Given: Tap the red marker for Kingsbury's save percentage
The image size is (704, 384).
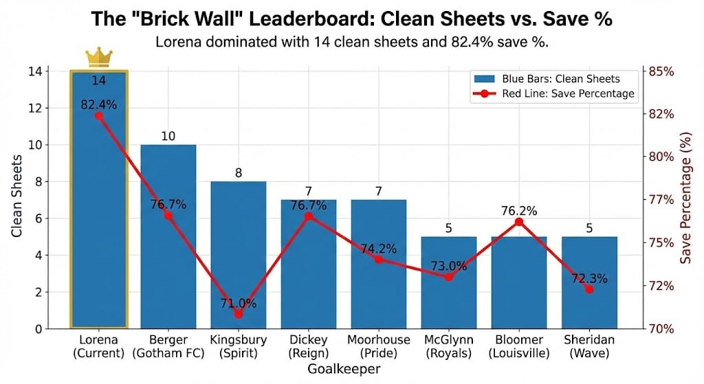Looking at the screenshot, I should tap(239, 314).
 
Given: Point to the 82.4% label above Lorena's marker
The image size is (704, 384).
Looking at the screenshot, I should tap(98, 104).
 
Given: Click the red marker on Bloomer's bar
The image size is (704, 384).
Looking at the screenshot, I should tap(519, 222).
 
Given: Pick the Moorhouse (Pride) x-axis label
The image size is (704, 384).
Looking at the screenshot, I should tap(379, 346).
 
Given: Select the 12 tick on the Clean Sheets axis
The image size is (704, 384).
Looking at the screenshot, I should tap(34, 109).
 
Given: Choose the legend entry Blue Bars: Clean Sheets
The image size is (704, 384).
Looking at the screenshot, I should tap(560, 78).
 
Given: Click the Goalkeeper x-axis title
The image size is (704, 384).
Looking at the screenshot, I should tap(344, 369).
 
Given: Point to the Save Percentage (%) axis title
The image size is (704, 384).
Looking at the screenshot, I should tap(685, 200).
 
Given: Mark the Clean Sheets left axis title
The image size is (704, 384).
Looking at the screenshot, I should tap(16, 200).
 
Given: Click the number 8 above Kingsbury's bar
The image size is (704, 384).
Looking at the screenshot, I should tap(239, 173).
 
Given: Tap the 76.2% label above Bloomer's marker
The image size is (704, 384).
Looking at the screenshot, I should tap(519, 210).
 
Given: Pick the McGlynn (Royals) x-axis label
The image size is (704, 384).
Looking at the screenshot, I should tap(449, 346).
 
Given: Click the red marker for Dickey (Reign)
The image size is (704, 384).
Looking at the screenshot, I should tap(309, 216).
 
